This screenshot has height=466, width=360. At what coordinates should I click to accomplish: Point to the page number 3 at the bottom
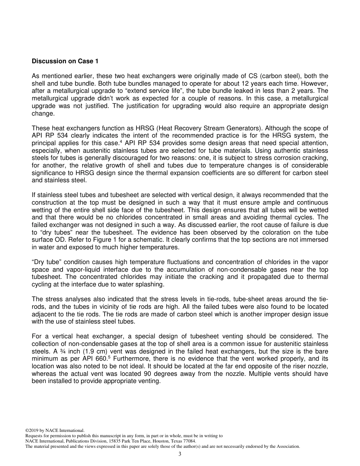point(180,454)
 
